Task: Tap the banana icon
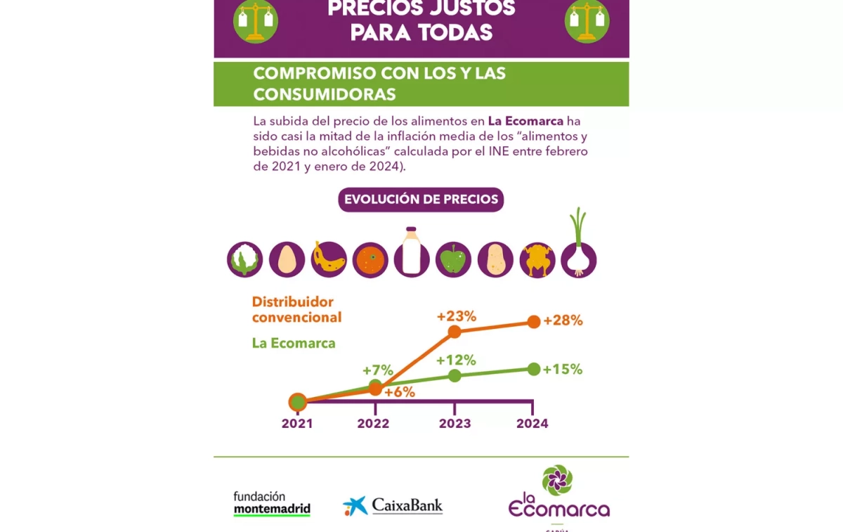[x=329, y=259]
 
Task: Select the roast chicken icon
[x=537, y=260]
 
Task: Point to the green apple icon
[x=453, y=260]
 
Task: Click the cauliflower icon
[x=244, y=259]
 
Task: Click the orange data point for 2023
[x=455, y=332]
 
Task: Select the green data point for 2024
[x=533, y=369]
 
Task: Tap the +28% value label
[x=563, y=320]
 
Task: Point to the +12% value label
[x=456, y=361]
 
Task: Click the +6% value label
[x=400, y=392]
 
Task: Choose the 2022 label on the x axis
[x=373, y=424]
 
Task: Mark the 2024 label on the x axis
[x=532, y=424]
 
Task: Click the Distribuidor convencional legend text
[x=296, y=309]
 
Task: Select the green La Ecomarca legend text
[x=294, y=344]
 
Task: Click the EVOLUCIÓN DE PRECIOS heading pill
[x=421, y=199]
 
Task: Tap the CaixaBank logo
[x=393, y=505]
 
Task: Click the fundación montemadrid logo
[x=272, y=504]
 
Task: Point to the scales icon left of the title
[x=256, y=21]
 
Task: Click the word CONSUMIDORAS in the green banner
[x=325, y=94]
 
